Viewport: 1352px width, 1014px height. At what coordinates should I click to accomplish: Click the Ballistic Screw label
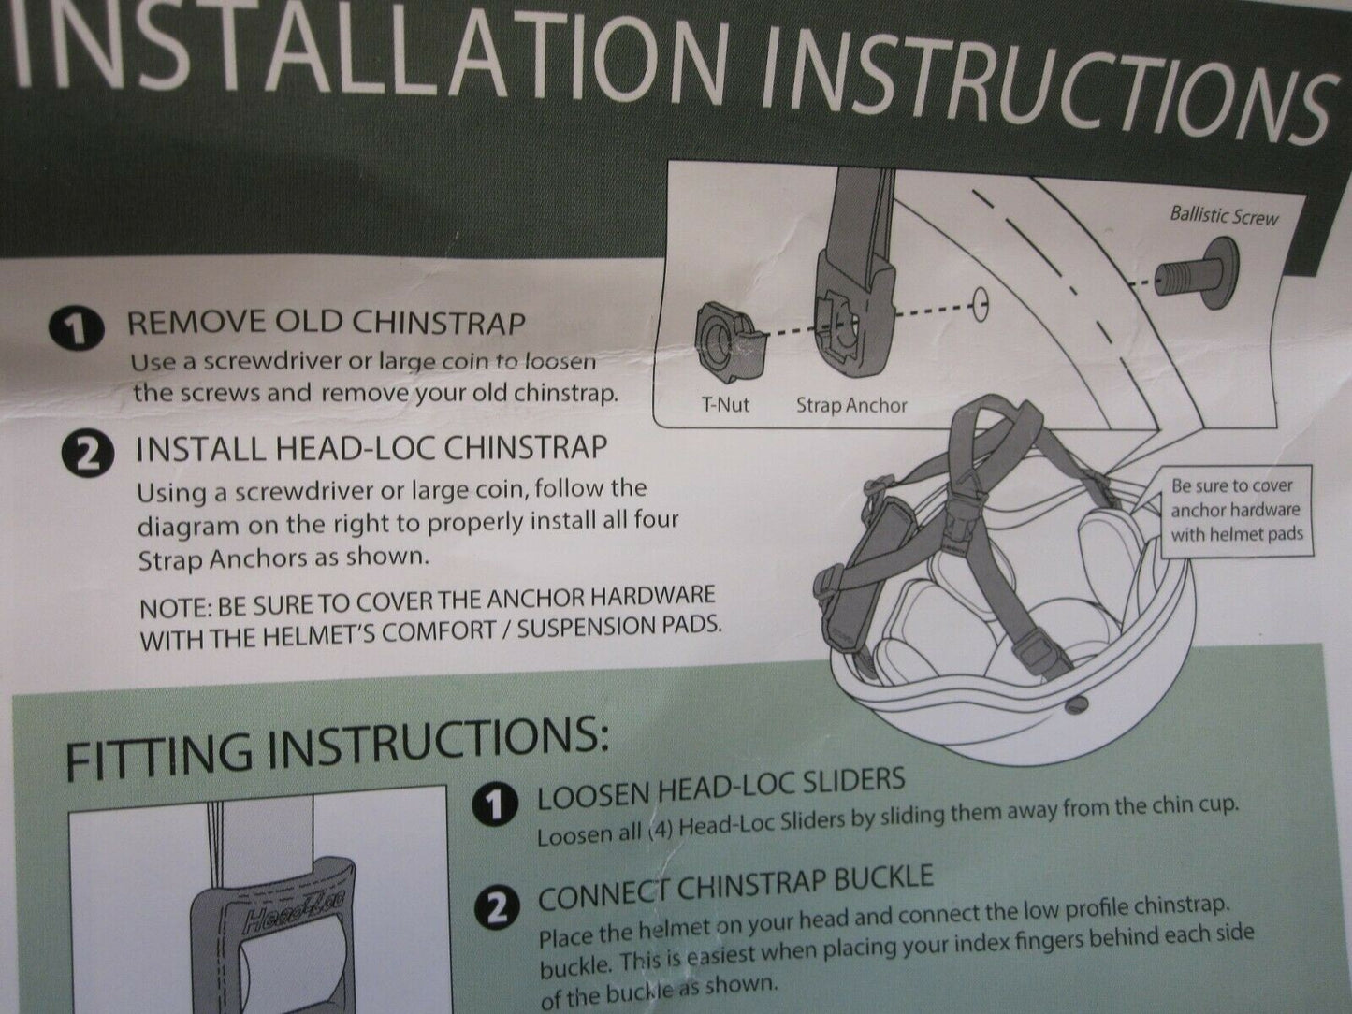pos(1224,216)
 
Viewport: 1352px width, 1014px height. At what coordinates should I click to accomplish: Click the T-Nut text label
pos(725,404)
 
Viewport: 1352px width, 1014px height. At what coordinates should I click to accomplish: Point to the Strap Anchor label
pos(851,405)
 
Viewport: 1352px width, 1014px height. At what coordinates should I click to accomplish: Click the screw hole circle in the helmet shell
pos(981,305)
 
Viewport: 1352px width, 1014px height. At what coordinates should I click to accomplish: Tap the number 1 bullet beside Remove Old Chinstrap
pos(77,329)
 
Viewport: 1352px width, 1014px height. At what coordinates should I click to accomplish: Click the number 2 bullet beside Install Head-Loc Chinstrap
pos(87,455)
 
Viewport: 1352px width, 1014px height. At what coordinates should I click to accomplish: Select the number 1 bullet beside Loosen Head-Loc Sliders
pos(495,806)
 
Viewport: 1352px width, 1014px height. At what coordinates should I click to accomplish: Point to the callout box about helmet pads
pos(1237,511)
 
